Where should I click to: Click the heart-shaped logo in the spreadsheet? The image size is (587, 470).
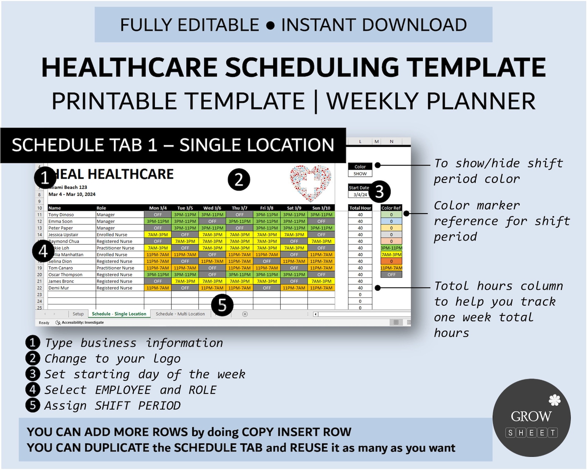(310, 182)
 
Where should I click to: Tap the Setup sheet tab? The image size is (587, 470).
(78, 314)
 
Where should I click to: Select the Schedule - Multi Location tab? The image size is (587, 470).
(180, 314)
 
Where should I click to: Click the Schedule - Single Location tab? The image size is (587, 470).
(119, 314)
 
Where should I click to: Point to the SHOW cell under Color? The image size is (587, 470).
(360, 174)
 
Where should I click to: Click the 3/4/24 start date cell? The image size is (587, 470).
(360, 195)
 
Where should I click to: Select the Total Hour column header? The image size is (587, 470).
(360, 208)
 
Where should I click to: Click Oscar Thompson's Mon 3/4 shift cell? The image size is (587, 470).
(158, 275)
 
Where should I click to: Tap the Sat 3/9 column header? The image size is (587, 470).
(294, 208)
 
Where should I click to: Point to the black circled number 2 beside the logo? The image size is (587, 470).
(239, 179)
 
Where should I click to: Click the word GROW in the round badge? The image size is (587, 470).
(531, 416)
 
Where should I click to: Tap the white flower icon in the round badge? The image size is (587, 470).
(554, 400)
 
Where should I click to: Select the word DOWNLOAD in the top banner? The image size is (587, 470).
(414, 25)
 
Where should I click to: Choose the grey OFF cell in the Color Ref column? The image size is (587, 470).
(391, 275)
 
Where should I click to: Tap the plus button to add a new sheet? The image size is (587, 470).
(245, 314)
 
